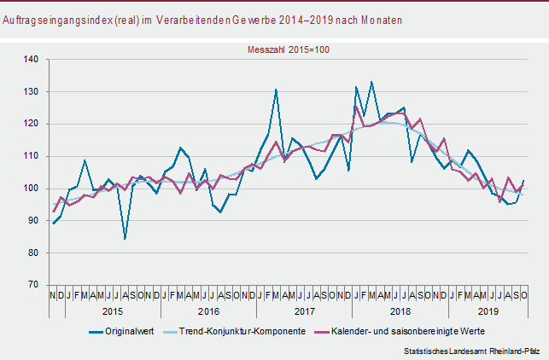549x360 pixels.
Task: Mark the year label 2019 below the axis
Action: [488, 312]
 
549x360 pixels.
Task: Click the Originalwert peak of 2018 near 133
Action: [371, 82]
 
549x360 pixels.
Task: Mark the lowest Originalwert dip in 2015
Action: [126, 239]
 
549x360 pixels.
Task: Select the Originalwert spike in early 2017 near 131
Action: [276, 89]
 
